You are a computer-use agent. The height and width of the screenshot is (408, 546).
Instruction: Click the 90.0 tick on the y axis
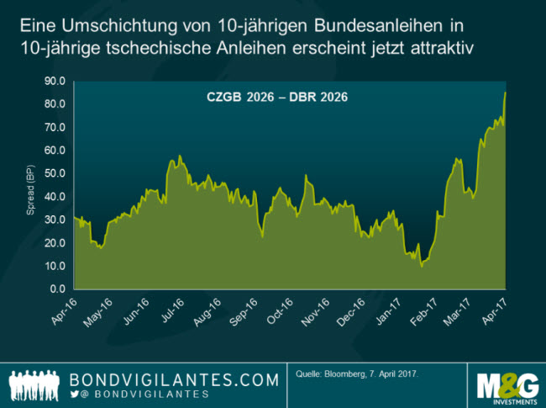[55, 82]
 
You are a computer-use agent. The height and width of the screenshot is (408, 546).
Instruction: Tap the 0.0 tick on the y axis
[58, 289]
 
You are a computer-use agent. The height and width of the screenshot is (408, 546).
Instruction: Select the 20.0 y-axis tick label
[55, 243]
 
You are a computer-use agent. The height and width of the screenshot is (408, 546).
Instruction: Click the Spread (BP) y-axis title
[30, 186]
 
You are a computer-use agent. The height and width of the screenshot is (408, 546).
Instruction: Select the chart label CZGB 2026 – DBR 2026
[277, 97]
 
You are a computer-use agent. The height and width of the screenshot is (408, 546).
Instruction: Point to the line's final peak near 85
[505, 93]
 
